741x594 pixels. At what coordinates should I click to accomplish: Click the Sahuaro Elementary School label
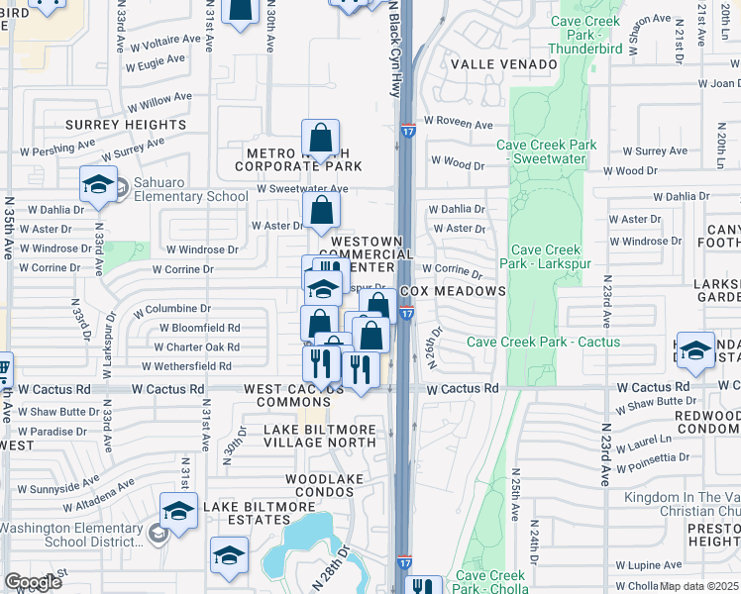[185, 196]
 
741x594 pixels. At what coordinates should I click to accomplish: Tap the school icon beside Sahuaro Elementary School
[98, 184]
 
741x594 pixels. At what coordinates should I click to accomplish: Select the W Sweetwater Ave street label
[302, 188]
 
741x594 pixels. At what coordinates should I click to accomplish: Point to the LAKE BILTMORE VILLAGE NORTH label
[319, 437]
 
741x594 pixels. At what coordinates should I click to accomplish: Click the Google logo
[33, 582]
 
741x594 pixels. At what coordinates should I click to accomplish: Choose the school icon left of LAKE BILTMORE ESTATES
[179, 511]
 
